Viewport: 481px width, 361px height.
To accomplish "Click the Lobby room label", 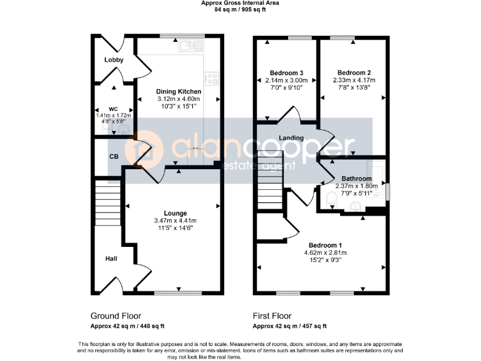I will (114, 60).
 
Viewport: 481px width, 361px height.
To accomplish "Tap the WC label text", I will (113, 109).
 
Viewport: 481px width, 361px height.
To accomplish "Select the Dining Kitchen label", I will (178, 92).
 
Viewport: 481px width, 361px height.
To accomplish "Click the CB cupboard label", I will (114, 157).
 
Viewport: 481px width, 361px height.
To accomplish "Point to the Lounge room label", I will (175, 214).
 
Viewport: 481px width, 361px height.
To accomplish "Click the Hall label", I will (111, 258).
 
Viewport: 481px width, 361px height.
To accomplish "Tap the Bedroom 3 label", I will (286, 73).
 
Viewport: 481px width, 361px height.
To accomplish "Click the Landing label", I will (291, 138).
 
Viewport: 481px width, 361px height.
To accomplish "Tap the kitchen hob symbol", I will (212, 78).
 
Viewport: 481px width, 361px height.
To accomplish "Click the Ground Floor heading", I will (116, 316).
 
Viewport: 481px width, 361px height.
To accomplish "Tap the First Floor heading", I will (272, 316).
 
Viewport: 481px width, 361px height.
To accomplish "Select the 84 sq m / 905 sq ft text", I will (240, 10).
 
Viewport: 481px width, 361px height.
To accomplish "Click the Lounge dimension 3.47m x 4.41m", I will (175, 221).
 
